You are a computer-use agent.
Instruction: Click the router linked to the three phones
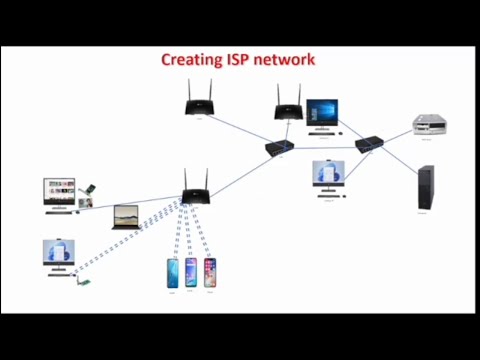tap(194, 184)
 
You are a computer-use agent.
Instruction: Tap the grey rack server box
tap(430, 125)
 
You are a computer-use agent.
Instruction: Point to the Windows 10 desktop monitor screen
tap(323, 113)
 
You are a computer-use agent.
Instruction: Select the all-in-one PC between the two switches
tap(328, 178)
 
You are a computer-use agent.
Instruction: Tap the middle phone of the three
tap(191, 272)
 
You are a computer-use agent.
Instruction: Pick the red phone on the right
tap(210, 272)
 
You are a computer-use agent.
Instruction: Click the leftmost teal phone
tap(172, 273)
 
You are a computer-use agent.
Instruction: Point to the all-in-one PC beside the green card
tap(57, 256)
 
